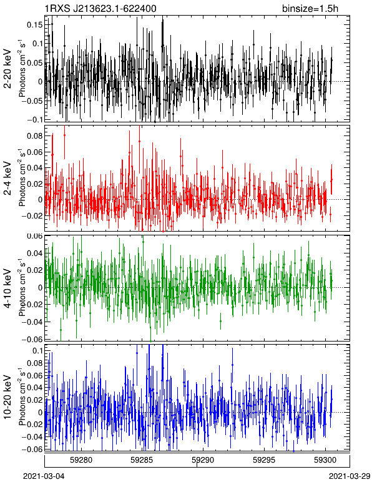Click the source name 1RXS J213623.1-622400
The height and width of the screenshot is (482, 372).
coord(100,9)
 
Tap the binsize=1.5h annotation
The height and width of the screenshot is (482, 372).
coord(310,9)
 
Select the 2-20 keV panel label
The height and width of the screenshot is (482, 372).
coord(7,69)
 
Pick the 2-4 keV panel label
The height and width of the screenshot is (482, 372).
coord(7,179)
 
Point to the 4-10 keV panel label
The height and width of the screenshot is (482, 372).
coord(7,288)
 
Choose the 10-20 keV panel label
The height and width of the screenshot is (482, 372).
coord(7,397)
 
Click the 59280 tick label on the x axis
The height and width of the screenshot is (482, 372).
coord(81,460)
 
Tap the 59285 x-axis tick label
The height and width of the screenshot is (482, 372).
coord(142,460)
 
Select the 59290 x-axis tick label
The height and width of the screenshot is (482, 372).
coord(203,460)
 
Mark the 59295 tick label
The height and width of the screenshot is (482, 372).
coord(264,460)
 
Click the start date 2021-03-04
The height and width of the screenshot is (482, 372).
coord(44,476)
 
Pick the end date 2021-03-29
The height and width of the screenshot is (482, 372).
coord(350,476)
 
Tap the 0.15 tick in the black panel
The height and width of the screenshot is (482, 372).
coord(34,24)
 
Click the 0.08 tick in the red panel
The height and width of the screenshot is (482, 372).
coord(34,136)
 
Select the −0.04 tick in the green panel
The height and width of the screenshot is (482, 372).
coord(32,322)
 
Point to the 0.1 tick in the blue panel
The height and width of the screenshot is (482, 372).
coord(37,351)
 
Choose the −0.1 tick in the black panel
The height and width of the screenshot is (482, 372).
coord(34,120)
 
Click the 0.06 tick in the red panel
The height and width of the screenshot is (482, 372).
coord(34,152)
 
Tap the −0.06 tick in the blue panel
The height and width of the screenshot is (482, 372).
coord(32,449)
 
